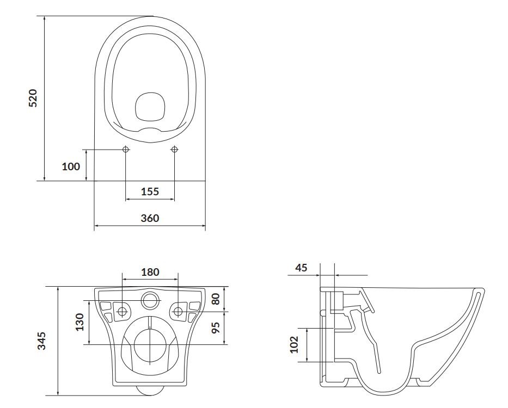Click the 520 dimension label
click(x=33, y=98)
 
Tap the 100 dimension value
click(x=71, y=166)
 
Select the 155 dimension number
click(x=150, y=191)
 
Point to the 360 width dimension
click(x=150, y=218)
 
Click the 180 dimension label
click(x=150, y=271)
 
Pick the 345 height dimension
click(x=42, y=341)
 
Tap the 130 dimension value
click(x=79, y=322)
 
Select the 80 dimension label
click(x=216, y=299)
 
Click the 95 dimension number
click(x=216, y=327)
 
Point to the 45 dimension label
click(x=301, y=268)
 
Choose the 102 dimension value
click(x=293, y=344)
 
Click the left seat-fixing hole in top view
click(x=126, y=149)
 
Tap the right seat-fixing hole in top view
click(x=174, y=149)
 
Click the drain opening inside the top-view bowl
click(x=150, y=108)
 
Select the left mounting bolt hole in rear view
click(x=122, y=312)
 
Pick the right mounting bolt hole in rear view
click(x=178, y=312)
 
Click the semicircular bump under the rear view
click(x=150, y=391)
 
